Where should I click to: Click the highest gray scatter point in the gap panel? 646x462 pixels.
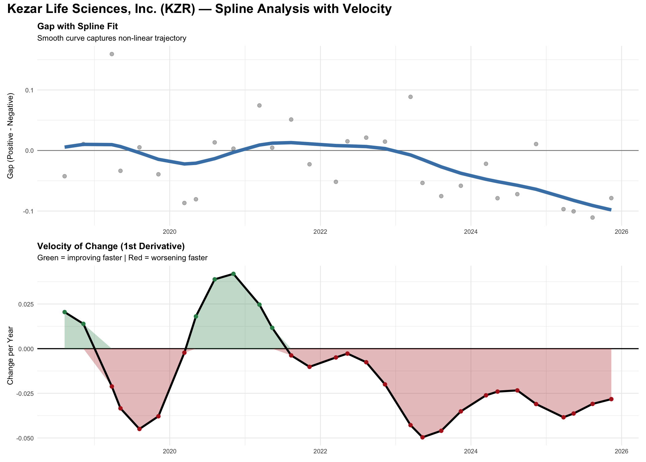click(x=112, y=54)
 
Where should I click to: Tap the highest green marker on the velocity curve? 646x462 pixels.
click(x=233, y=274)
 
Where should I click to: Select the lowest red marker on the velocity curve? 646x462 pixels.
click(x=422, y=437)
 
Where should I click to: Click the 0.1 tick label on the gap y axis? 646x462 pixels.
click(x=29, y=90)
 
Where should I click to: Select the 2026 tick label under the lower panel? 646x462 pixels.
click(x=621, y=452)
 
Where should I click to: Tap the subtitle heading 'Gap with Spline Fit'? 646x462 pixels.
click(x=78, y=26)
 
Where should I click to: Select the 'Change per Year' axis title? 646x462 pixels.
click(x=10, y=355)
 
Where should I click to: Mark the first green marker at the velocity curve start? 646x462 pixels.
click(x=65, y=312)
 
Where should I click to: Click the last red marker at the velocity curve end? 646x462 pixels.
click(x=611, y=399)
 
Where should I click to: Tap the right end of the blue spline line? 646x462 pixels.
click(x=611, y=210)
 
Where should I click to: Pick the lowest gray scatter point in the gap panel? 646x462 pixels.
click(x=592, y=217)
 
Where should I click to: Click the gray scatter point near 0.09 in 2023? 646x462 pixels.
click(x=410, y=97)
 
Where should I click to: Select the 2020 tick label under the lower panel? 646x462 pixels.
click(x=169, y=452)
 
